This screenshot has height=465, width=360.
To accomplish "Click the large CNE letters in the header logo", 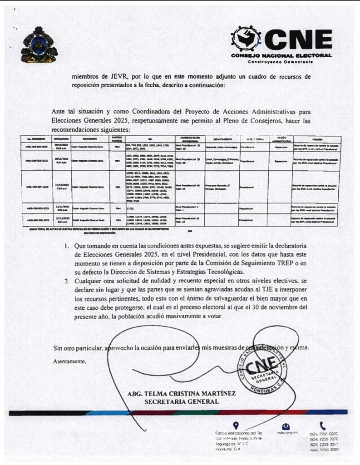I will [298, 40].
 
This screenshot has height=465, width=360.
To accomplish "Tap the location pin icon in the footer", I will [235, 425].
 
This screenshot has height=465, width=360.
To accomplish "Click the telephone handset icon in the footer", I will [323, 425].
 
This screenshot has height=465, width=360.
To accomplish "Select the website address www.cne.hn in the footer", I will [286, 434].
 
